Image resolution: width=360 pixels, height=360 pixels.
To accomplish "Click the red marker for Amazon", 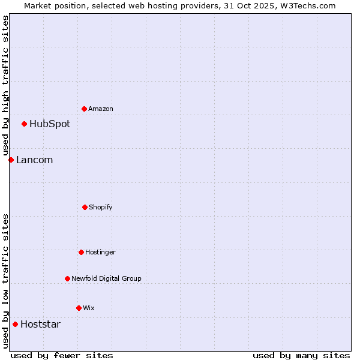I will coord(84,109).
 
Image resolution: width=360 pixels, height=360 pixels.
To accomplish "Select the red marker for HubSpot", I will coord(24,124).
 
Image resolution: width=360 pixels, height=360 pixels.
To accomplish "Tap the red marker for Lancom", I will coord(11,160).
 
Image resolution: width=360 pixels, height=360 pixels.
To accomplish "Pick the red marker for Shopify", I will coord(85,207).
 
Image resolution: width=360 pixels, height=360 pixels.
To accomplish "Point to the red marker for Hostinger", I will coord(81,252).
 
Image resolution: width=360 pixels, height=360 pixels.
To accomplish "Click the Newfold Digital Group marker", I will coord(67,278).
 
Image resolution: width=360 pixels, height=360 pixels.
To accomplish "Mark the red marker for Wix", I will coord(79,308).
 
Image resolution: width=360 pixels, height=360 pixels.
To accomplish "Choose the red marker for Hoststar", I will coord(15,324).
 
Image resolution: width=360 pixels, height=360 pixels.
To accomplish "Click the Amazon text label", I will coord(101,109).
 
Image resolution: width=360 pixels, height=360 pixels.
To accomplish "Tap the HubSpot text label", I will coord(50,124).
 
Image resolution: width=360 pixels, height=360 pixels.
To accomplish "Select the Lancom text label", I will coord(34,160).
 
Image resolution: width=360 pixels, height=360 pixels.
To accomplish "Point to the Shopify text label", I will coord(101,207).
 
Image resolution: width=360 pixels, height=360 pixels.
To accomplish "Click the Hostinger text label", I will coord(100,252).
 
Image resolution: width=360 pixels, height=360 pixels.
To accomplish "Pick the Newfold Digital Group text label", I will coord(106,278).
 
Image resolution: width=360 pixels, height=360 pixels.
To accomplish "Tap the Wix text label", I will coord(89,308).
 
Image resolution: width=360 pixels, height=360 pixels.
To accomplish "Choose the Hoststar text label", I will coord(40,325).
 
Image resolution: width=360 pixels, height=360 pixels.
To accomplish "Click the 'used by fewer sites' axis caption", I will coord(62,355).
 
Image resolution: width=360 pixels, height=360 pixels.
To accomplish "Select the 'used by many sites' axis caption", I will coord(301,355).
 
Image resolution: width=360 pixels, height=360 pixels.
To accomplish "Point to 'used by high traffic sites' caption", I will coord(5,85).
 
